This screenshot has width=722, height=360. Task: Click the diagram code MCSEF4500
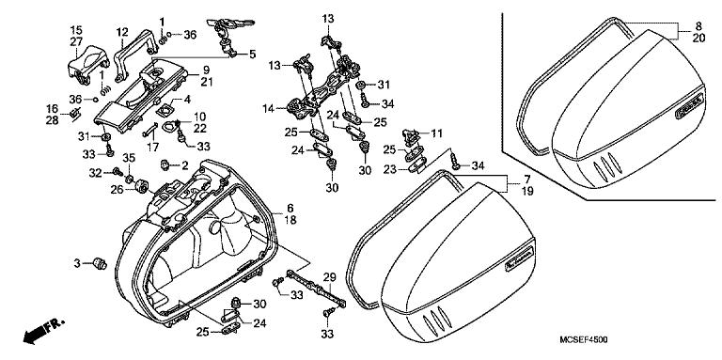point(583,339)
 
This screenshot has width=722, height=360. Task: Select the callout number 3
point(76,263)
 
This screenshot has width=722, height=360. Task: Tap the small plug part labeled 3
point(100,264)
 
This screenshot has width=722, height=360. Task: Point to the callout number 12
point(121,33)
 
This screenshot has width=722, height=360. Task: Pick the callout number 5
point(252,55)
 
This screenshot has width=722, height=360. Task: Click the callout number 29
point(329,276)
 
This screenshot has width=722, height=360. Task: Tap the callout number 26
point(118,189)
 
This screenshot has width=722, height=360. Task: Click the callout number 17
point(153,148)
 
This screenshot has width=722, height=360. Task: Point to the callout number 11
point(436,133)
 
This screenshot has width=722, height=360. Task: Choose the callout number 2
point(184,164)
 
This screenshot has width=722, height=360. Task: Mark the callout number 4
point(187,99)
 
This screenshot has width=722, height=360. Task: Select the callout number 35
point(129,158)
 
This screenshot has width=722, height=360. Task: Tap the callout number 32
point(95,173)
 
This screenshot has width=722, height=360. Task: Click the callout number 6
point(290,209)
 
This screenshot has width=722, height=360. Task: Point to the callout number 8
point(698,26)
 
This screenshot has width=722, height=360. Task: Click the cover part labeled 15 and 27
point(87,65)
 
